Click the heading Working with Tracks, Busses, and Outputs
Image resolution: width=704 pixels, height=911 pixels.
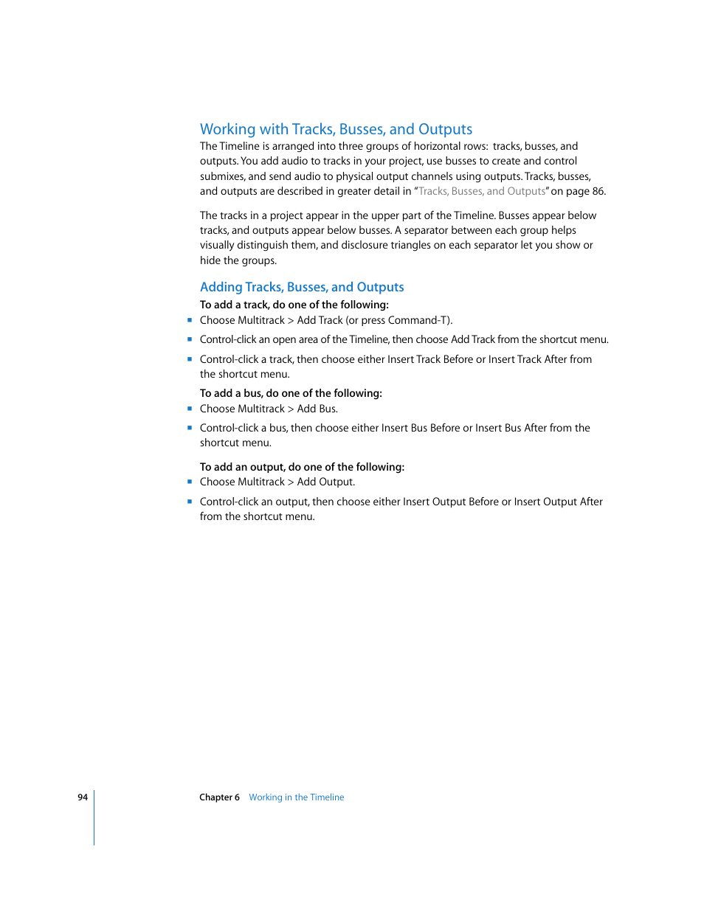336,129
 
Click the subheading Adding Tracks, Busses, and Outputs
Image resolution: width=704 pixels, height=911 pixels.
302,287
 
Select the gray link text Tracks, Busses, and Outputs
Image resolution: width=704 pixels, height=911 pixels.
482,191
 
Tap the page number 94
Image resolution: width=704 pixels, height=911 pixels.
83,797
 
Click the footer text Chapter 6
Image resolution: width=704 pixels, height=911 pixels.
219,797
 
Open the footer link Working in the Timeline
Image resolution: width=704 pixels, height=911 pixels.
296,797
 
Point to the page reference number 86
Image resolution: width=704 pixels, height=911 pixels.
598,191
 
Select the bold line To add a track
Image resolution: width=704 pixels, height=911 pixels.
294,305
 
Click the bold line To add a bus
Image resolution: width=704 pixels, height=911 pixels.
291,393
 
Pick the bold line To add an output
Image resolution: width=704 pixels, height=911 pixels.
302,467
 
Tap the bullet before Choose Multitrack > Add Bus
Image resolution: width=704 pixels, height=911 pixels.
190,408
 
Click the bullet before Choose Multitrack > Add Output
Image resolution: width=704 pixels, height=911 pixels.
190,482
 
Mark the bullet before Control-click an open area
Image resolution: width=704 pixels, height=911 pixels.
190,339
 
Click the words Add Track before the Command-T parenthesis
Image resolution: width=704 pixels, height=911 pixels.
320,320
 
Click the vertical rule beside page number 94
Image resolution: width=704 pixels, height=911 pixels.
94,817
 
